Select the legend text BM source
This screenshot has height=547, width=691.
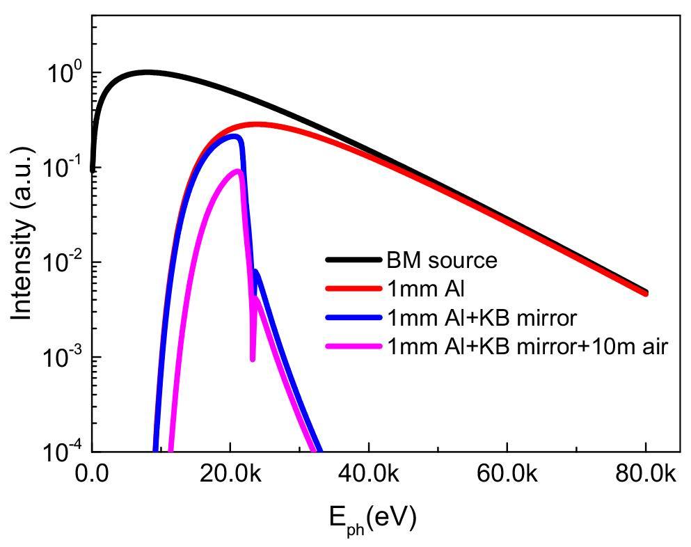[x=443, y=260]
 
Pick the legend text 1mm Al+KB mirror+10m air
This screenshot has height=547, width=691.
[x=527, y=346]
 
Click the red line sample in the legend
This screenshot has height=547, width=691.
[x=354, y=289]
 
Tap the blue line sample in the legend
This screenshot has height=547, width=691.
[x=354, y=317]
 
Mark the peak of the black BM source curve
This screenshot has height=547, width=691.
[x=147, y=72]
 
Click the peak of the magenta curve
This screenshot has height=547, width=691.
[x=239, y=171]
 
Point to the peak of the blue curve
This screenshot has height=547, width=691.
[x=236, y=136]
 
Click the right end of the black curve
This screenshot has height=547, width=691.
[x=646, y=292]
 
